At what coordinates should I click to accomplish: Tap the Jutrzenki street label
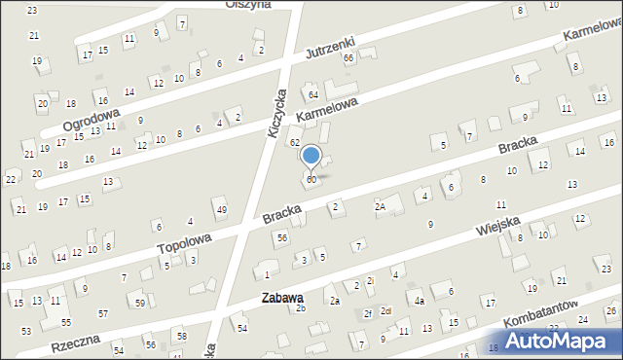tap(329, 46)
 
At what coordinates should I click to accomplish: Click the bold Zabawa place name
tap(281, 298)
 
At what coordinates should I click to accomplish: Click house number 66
tap(348, 58)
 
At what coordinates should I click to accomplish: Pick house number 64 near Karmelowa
tap(313, 94)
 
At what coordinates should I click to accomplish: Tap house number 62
tap(294, 143)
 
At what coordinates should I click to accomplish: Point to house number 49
tap(222, 210)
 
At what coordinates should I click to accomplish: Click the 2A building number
tap(381, 206)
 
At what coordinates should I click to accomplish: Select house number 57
tap(103, 313)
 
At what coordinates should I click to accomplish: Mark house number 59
tap(140, 304)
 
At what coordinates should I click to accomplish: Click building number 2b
tap(301, 308)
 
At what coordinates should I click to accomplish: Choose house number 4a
tap(418, 301)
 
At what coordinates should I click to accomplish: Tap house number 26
tap(610, 310)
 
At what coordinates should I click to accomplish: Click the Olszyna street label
tap(247, 4)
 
